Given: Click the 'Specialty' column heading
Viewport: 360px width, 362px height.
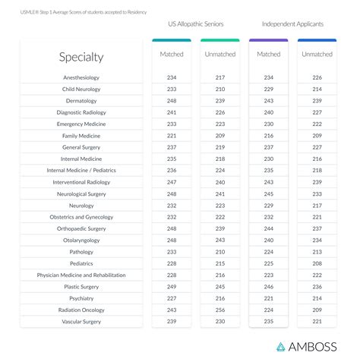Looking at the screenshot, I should [81, 57].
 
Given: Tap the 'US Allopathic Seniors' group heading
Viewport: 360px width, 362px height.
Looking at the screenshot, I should [195, 24].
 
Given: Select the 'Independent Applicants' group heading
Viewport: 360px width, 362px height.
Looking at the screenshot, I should [292, 24].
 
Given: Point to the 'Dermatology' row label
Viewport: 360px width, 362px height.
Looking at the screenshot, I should [81, 101].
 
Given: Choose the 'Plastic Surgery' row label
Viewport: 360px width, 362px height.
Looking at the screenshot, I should [81, 287].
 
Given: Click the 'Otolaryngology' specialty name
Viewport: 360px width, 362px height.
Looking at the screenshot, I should [81, 240].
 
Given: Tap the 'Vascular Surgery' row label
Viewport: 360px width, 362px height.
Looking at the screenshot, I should [81, 322].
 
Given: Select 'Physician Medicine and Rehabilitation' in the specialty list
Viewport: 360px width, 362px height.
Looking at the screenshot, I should [81, 275].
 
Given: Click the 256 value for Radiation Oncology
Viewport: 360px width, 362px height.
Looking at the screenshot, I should [220, 310].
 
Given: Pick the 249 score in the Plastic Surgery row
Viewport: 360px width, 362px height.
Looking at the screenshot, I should [172, 287].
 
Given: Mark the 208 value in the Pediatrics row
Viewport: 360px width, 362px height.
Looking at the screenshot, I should [317, 263].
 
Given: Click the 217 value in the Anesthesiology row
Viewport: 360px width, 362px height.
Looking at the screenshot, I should [220, 77].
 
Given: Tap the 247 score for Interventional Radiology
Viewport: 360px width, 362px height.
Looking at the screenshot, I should [172, 182].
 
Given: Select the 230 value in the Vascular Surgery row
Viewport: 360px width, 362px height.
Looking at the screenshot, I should [220, 322].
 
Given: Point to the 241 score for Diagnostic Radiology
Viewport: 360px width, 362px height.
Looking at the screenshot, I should [172, 112].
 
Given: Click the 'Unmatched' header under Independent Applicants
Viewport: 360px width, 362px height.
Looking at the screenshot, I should [317, 55].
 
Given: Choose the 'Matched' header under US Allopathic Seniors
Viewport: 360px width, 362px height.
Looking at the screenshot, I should [172, 55].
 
